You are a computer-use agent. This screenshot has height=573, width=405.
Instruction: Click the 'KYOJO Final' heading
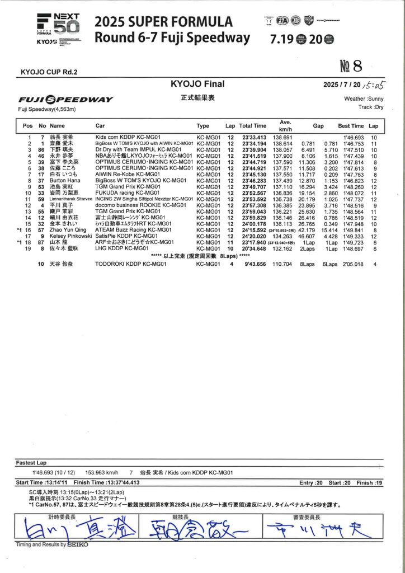click(197, 84)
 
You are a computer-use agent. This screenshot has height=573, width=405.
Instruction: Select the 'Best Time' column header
click(351, 126)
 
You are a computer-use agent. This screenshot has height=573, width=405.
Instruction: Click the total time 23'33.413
click(254, 138)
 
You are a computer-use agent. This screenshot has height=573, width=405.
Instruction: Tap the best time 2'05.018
click(352, 264)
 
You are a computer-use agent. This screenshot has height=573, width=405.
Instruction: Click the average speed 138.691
click(282, 138)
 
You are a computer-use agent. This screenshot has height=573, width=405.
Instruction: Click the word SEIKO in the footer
click(78, 544)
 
